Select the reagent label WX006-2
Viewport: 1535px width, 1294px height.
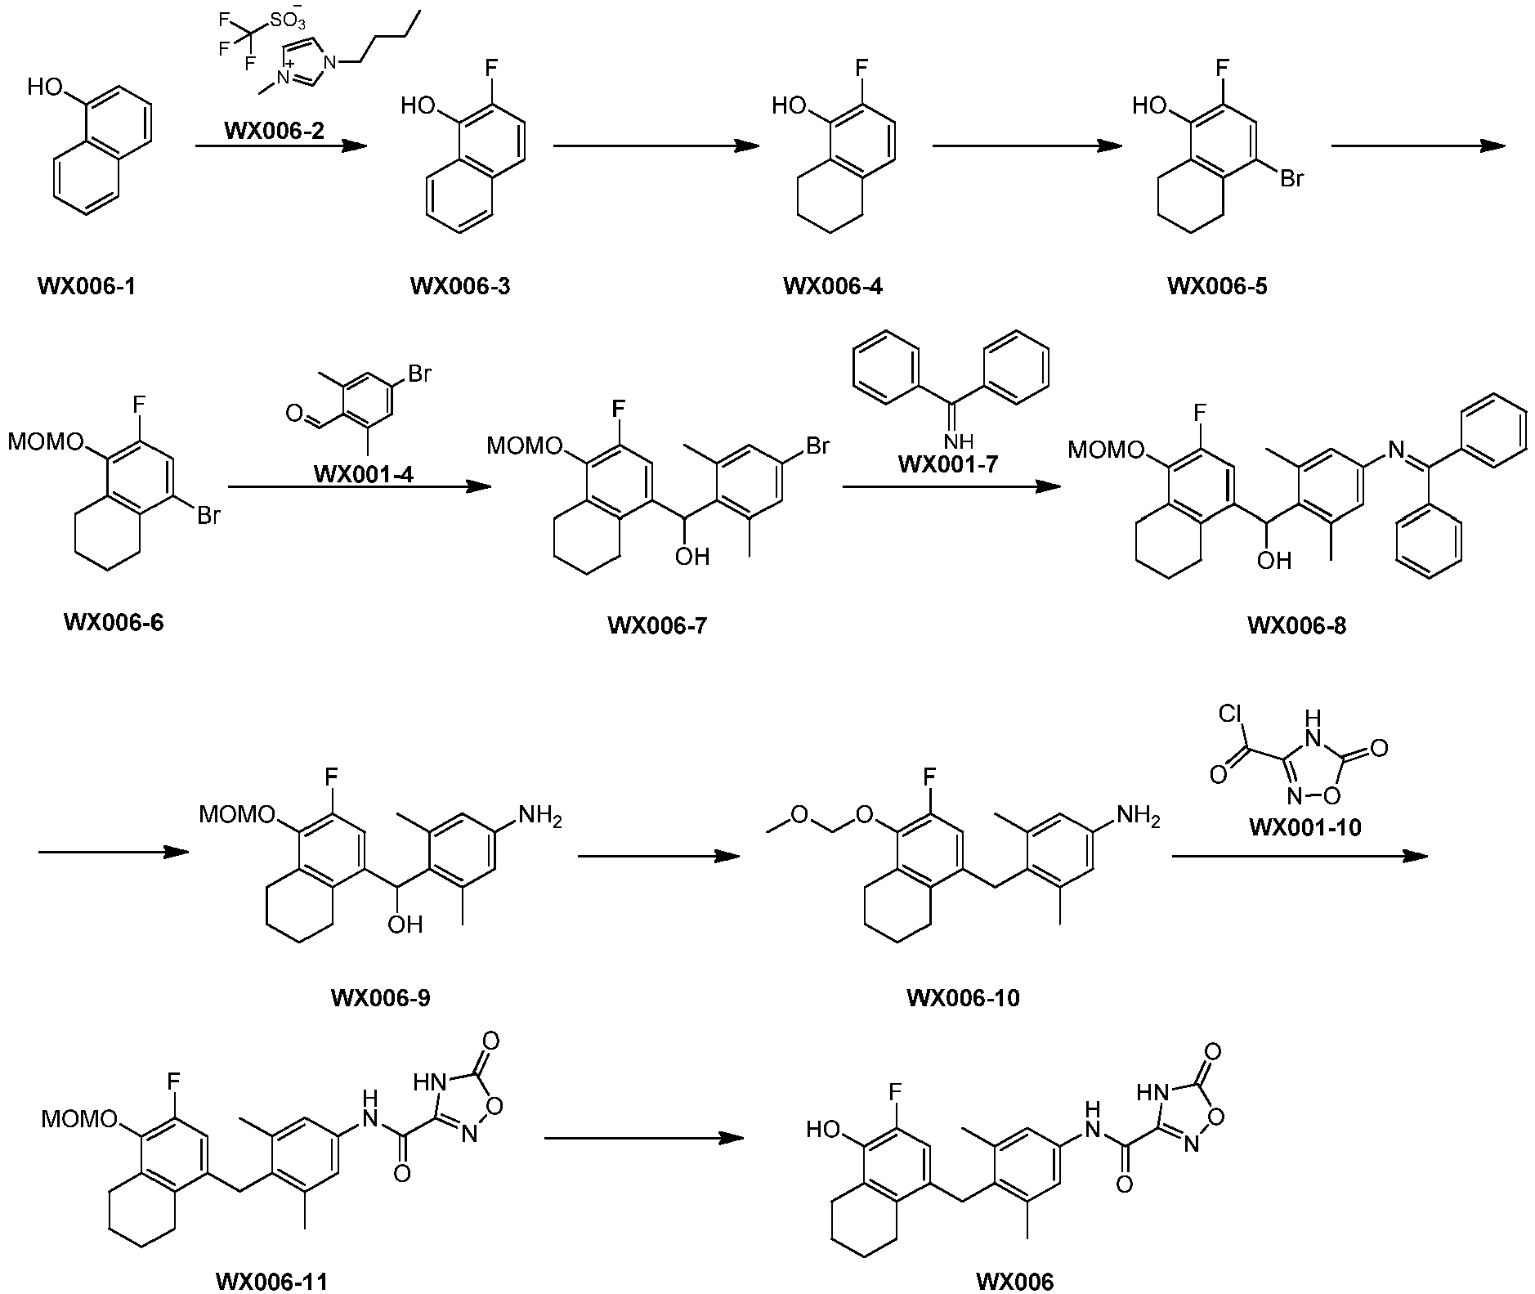(275, 130)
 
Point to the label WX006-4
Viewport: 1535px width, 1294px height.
(833, 286)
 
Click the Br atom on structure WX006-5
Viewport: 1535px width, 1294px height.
(1291, 177)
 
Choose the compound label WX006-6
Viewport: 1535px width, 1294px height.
(114, 623)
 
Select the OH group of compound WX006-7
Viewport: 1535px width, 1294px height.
(691, 557)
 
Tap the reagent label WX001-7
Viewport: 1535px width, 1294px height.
(948, 464)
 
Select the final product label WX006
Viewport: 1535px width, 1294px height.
(1015, 1281)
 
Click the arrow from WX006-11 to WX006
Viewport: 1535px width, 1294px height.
(644, 1138)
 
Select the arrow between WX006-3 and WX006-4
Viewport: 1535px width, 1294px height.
(656, 146)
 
